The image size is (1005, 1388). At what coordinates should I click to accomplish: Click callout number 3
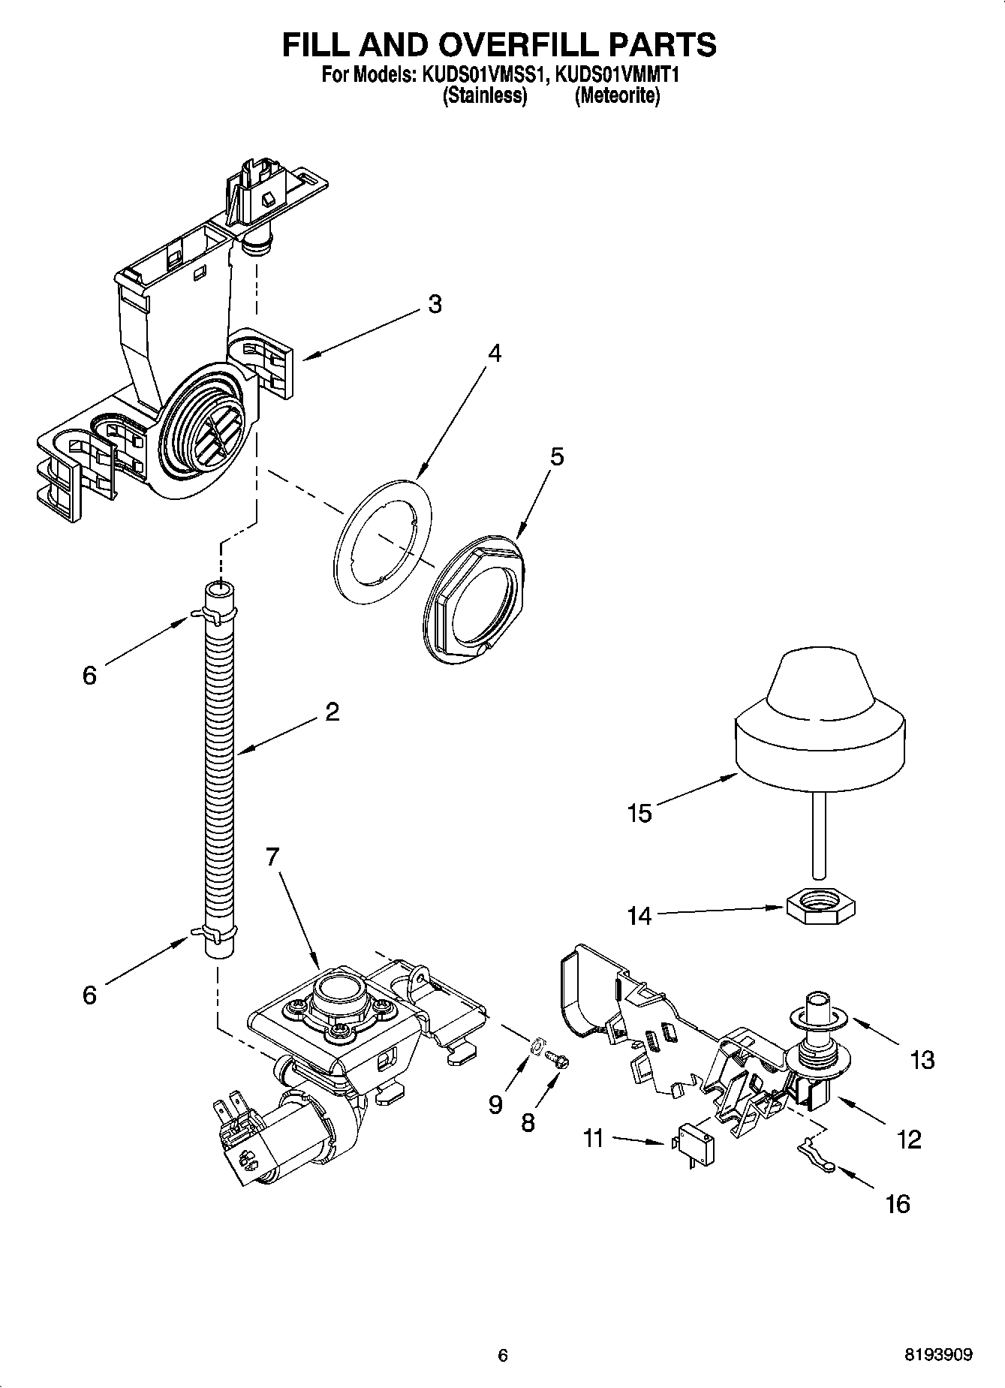[x=435, y=304]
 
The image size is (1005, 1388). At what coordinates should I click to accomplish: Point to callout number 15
[x=639, y=813]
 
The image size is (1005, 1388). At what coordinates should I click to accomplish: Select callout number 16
[x=898, y=1203]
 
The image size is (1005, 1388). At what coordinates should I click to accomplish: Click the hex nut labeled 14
[x=821, y=911]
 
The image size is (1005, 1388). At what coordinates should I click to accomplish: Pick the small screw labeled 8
[x=558, y=1058]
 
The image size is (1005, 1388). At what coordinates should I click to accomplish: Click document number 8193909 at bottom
[x=937, y=1355]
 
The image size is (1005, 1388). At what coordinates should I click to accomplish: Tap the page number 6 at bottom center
[x=503, y=1355]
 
